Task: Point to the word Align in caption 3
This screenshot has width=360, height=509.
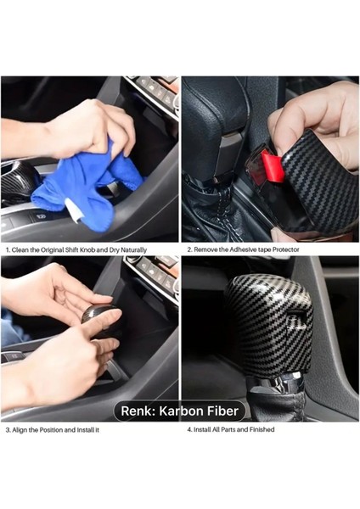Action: pyautogui.click(x=23, y=430)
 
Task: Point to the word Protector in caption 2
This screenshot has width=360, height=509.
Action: pyautogui.click(x=283, y=250)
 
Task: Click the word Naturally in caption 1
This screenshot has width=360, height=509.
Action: pyautogui.click(x=130, y=250)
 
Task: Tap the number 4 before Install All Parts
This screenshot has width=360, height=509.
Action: pyautogui.click(x=188, y=430)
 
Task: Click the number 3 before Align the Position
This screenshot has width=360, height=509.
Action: pyautogui.click(x=8, y=430)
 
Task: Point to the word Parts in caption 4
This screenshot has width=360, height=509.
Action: pyautogui.click(x=232, y=430)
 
